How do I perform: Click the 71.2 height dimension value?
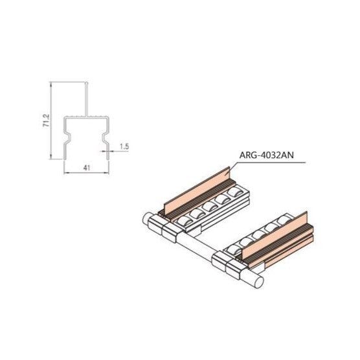[x=46, y=121]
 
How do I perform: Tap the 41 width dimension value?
[x=87, y=168]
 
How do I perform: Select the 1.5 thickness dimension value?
[x=124, y=146]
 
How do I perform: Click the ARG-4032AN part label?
[x=266, y=155]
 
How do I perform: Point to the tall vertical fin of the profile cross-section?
[x=87, y=98]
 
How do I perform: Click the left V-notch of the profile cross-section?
[x=67, y=137]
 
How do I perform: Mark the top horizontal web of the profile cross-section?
[x=86, y=117]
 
